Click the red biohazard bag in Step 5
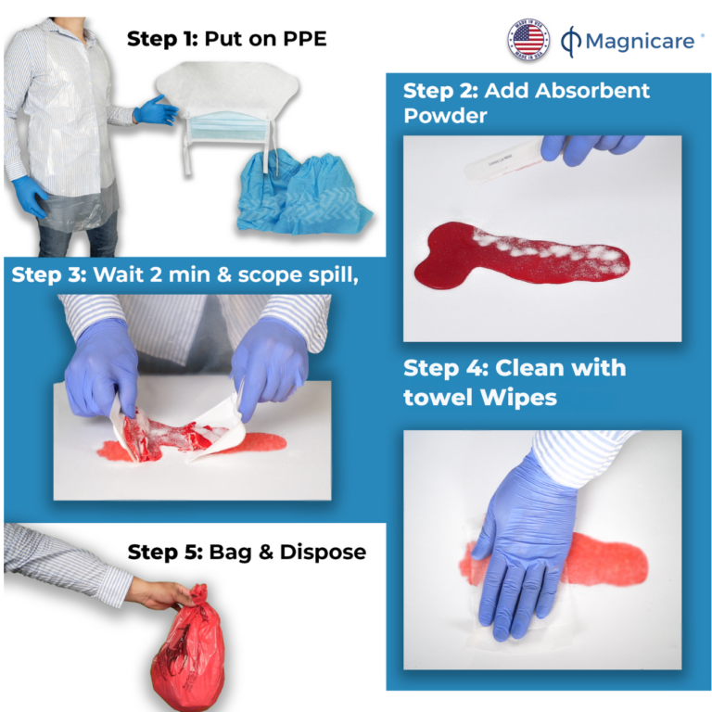(190, 654)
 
